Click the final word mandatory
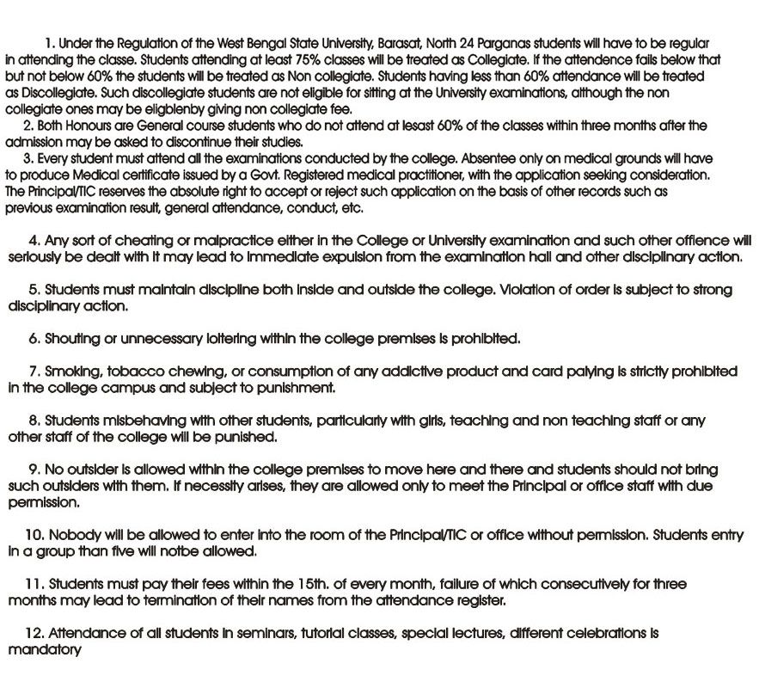[x=45, y=650]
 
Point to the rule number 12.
[x=34, y=634]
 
